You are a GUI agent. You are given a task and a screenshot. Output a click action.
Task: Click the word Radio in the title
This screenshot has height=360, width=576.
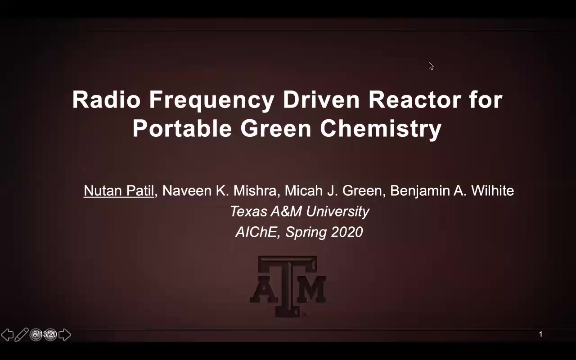[x=106, y=99]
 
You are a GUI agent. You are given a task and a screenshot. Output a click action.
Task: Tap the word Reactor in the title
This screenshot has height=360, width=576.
[x=414, y=99]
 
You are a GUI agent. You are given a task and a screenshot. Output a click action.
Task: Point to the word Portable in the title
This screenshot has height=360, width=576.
[x=182, y=128]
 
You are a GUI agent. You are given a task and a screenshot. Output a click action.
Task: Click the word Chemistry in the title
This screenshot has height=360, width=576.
[x=381, y=130]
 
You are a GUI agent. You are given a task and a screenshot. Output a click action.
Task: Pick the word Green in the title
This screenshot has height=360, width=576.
[x=276, y=128]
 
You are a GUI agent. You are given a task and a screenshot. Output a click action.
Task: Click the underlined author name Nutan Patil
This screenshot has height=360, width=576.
[x=119, y=191]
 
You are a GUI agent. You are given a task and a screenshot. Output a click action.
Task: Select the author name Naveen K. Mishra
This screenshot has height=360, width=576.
[x=219, y=191]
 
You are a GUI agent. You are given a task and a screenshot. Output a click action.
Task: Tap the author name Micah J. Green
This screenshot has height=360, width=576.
[x=333, y=191]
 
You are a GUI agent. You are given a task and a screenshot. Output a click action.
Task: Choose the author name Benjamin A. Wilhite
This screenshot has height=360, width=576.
[x=452, y=191]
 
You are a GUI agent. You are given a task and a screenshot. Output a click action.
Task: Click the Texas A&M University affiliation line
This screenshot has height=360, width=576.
[x=299, y=211]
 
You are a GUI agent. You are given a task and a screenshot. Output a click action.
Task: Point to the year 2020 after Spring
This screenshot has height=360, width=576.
[x=346, y=232]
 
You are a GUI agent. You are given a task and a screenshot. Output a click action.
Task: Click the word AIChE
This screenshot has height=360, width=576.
[x=256, y=232]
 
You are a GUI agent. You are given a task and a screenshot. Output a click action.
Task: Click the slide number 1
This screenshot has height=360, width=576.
[x=540, y=334]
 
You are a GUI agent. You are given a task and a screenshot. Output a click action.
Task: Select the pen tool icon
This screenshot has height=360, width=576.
[x=22, y=334]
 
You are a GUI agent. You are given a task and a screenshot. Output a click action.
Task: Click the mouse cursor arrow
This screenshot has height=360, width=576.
[x=431, y=66]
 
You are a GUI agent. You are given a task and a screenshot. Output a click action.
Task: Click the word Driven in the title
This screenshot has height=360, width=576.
[x=321, y=99]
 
